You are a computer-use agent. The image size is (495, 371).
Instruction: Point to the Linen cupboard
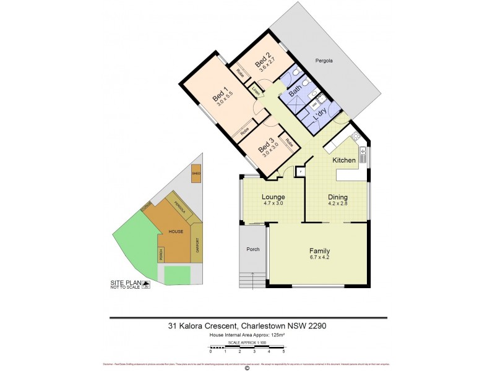point(255,91)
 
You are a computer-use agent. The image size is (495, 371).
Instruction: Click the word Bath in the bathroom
point(295,94)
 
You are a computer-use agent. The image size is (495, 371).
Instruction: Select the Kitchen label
point(344,160)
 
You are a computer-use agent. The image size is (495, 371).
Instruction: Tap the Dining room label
point(338,197)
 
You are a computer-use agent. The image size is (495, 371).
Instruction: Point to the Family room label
point(319,251)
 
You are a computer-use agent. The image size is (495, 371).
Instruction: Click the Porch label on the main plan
point(252,250)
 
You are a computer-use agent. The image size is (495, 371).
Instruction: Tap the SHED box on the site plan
point(196,174)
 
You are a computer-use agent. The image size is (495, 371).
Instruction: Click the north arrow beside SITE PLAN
point(147,285)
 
